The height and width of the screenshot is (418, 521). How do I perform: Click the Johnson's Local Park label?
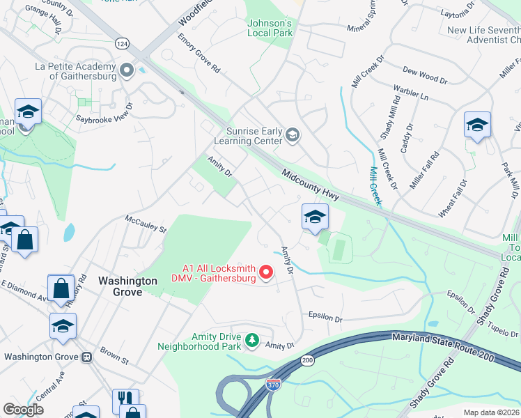270,28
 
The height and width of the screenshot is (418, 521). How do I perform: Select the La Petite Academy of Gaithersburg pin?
127,70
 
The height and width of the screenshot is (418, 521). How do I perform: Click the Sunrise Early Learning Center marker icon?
293,136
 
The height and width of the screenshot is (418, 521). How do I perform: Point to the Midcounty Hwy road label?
311,185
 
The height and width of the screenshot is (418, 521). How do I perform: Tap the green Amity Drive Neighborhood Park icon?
251,341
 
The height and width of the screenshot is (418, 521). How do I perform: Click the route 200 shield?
307,360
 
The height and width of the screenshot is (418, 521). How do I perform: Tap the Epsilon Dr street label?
326,318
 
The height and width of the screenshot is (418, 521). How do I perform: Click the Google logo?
24,409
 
